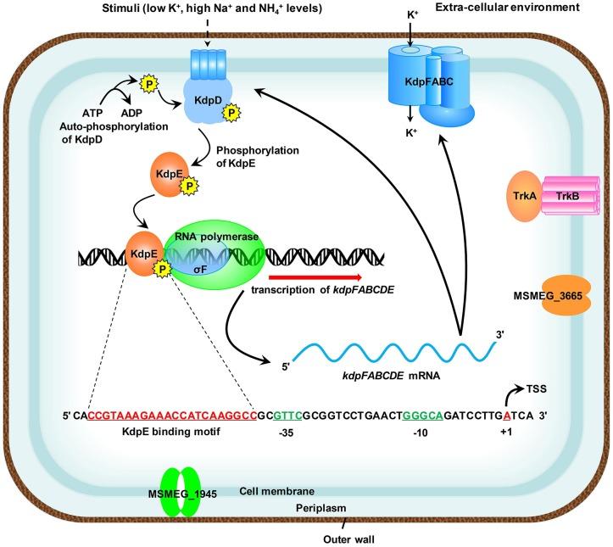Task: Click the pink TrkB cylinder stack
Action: click(x=571, y=198)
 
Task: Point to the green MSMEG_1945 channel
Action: click(x=177, y=493)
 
